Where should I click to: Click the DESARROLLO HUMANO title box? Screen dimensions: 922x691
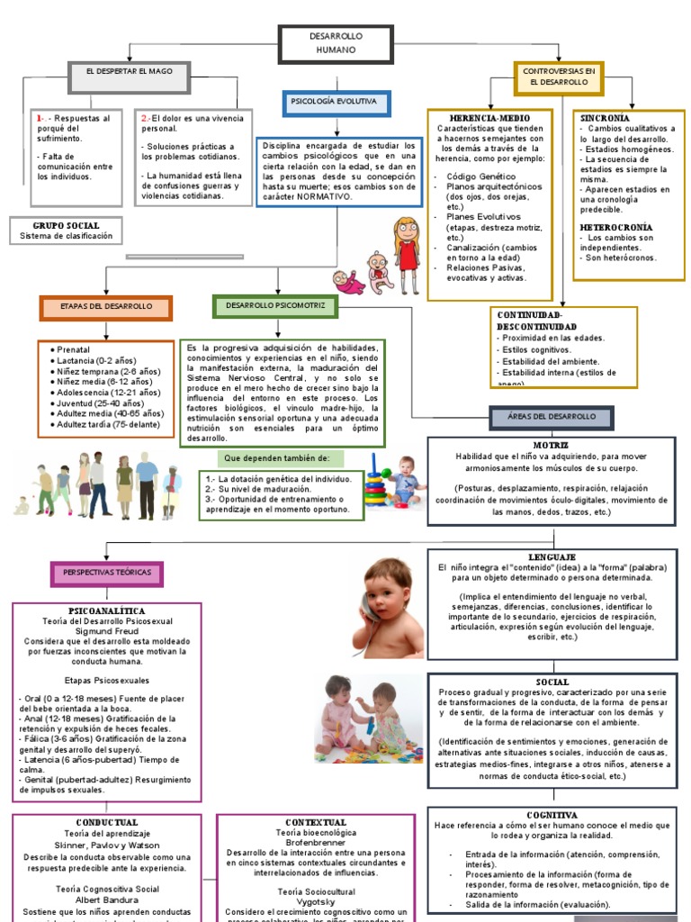pos(336,42)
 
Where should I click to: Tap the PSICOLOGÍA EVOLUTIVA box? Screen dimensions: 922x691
pos(336,102)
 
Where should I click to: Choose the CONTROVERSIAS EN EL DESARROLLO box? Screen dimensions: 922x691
pos(558,77)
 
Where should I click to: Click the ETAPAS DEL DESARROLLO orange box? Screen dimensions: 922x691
pos(106,307)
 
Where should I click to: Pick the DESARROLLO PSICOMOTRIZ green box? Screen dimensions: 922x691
pos(275,306)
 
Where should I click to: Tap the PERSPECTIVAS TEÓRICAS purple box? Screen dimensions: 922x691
pos(107,573)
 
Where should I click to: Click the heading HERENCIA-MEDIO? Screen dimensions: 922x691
pos(489,118)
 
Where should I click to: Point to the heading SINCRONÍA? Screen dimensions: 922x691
pos(605,118)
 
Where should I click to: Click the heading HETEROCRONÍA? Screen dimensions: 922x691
pos(616,227)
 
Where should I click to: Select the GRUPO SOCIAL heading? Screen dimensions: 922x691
pos(67,225)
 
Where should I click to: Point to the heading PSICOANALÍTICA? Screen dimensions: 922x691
pos(106,610)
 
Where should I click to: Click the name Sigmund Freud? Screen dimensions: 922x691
pos(106,630)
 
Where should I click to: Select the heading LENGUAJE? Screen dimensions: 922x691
pos(552,556)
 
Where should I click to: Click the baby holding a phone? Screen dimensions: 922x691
pos(387,605)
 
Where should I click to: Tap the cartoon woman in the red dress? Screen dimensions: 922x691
pos(407,252)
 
